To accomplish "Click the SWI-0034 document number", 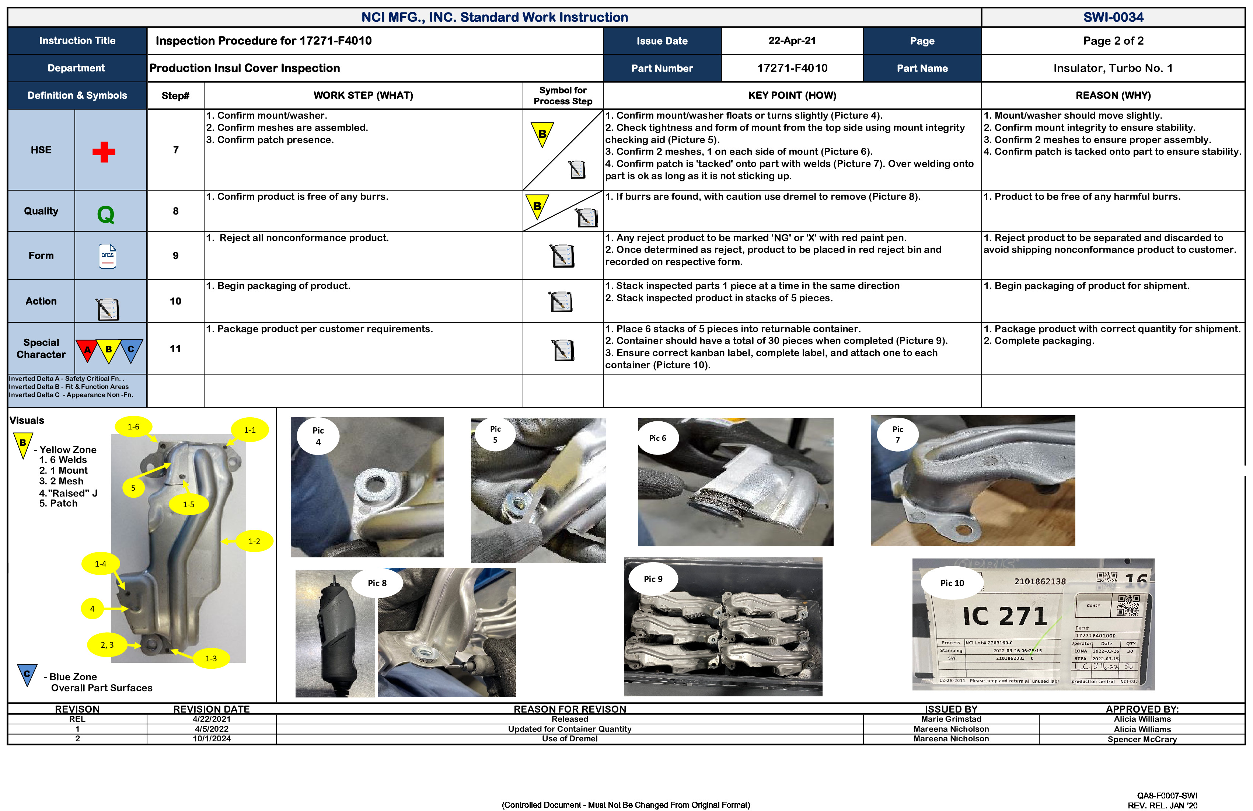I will click(x=1113, y=17).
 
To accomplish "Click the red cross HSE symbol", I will click(x=104, y=152).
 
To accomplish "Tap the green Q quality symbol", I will click(x=106, y=214).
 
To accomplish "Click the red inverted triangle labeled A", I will click(x=87, y=350).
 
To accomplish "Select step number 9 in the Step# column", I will click(x=175, y=255).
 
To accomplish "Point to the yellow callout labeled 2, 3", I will click(x=107, y=645).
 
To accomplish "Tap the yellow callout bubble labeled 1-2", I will click(x=254, y=541).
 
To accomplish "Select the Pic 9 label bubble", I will click(x=653, y=579).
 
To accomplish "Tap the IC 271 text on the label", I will click(x=1005, y=616).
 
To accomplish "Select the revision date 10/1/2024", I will click(x=212, y=738).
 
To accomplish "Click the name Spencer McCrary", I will click(x=1141, y=739).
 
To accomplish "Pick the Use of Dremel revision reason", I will click(x=570, y=738).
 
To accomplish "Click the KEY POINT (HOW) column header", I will click(x=792, y=95).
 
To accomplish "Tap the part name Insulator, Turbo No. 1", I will click(x=1113, y=68).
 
